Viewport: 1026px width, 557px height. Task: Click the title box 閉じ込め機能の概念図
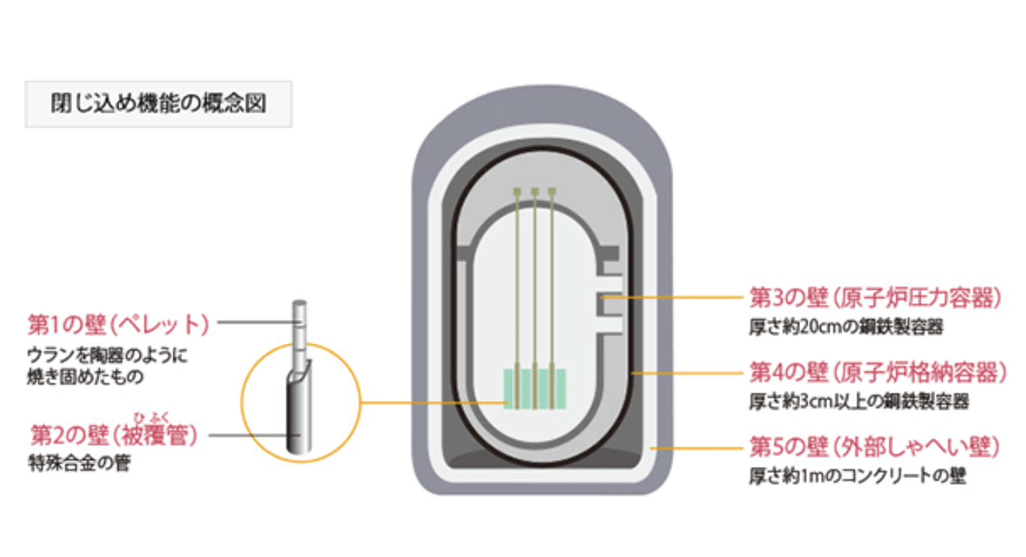[x=158, y=104]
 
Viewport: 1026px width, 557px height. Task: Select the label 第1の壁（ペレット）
[x=118, y=325]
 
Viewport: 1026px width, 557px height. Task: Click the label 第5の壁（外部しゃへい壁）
[x=875, y=448]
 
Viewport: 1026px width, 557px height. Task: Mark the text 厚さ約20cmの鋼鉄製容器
[x=845, y=327]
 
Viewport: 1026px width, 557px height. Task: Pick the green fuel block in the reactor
[x=534, y=387]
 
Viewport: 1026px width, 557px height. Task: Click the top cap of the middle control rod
[x=534, y=192]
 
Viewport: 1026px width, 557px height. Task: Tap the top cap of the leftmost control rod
[x=517, y=192]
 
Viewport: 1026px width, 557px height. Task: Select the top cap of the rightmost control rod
[x=552, y=192]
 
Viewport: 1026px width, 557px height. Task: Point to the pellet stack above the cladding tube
[x=299, y=330]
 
